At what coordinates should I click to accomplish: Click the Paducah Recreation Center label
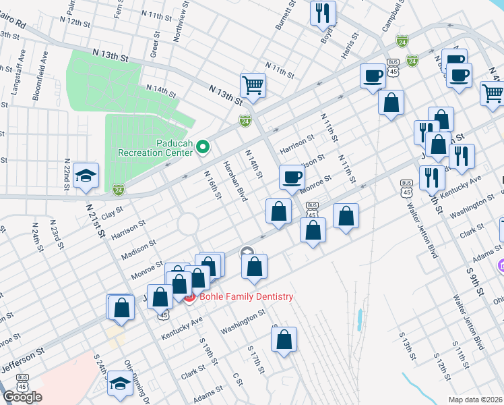click(x=156, y=148)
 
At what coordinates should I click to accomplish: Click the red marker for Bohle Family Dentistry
click(x=189, y=297)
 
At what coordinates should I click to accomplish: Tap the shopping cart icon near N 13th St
click(x=253, y=85)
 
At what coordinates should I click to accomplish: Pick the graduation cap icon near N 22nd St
click(x=86, y=175)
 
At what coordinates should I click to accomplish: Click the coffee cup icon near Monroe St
click(x=292, y=177)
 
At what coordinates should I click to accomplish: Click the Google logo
click(x=22, y=397)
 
